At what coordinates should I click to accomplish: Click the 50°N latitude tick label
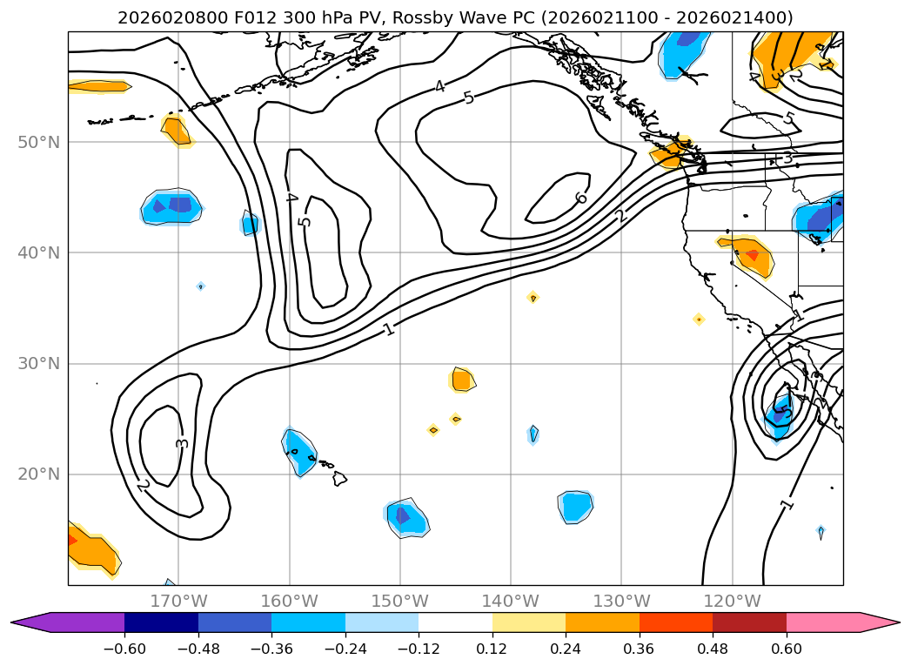point(38,142)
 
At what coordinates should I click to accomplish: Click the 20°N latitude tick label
point(38,474)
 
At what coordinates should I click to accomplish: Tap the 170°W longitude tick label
point(178,601)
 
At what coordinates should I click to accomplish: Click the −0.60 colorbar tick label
point(124,649)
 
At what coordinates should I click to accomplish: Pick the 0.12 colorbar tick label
point(492,649)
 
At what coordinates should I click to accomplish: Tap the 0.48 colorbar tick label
point(713,649)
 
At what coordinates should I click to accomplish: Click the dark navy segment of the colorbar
point(161,622)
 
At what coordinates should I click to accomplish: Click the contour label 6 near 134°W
point(580,198)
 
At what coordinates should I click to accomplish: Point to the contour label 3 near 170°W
point(182,442)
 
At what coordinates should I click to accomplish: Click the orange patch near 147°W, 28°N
point(461,380)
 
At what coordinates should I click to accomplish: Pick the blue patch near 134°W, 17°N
point(575,506)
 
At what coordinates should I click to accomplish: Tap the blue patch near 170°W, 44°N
point(172,207)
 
